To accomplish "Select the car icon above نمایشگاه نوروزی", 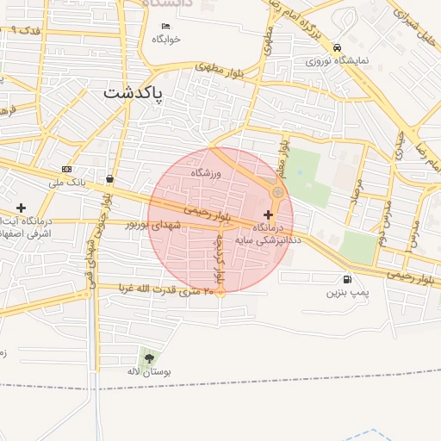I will click(337, 48).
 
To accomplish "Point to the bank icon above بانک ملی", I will click(67, 168).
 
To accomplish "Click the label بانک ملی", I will click(67, 182).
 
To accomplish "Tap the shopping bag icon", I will click(110, 178).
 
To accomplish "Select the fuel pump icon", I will click(347, 278).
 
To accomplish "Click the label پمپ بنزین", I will click(347, 293).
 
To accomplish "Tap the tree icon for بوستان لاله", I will click(151, 357).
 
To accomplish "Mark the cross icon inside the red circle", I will click(269, 214).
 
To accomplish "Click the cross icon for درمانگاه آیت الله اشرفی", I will click(21, 208).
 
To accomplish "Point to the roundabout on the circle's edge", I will click(276, 193).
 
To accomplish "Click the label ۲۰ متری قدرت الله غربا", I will click(164, 289).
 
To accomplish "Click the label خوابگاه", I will click(165, 40).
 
